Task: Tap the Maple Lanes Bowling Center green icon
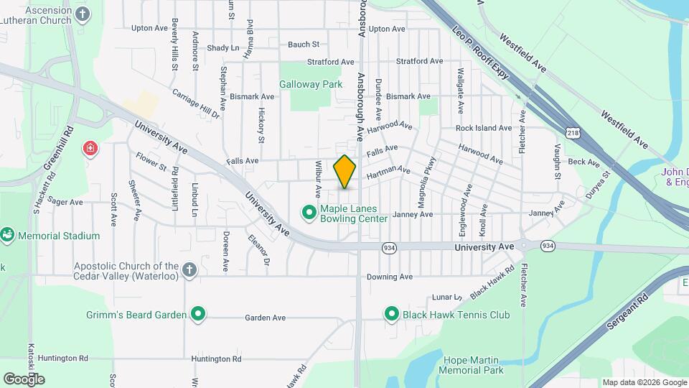309,212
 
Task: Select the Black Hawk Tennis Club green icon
392,314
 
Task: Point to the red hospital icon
90,149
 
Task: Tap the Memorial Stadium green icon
7,235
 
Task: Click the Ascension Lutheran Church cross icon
83,14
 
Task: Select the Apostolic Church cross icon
189,270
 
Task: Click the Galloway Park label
311,84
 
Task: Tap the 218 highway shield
572,132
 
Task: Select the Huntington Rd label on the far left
63,358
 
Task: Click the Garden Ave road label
265,318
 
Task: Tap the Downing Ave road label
390,277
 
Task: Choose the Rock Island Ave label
483,128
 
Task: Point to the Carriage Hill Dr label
194,103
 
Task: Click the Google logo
24,379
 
